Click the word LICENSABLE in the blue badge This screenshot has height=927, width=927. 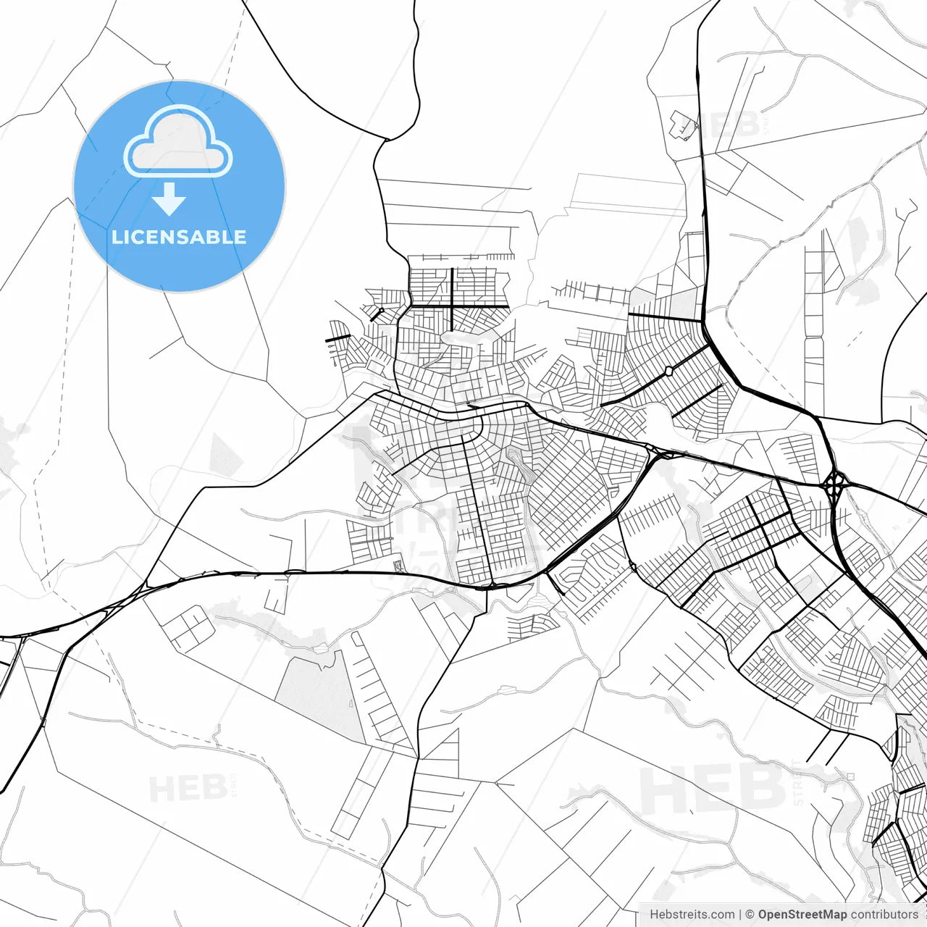point(179,237)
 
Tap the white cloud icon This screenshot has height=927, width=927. point(178,142)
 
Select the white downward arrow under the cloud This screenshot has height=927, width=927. point(169,199)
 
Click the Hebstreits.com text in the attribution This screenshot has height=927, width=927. point(692,915)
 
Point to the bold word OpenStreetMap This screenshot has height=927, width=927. point(802,915)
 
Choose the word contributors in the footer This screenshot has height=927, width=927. point(884,915)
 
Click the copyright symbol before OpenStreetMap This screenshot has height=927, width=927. point(750,915)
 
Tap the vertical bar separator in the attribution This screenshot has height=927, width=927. point(741,915)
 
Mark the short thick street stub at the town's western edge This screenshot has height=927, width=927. point(337,337)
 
